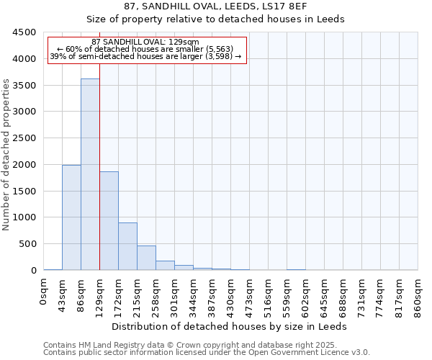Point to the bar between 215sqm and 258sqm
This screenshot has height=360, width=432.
[x=146, y=258]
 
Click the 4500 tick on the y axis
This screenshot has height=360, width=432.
[x=25, y=32]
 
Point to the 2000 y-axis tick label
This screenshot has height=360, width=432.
[x=25, y=165]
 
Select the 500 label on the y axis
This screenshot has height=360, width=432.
[x=28, y=244]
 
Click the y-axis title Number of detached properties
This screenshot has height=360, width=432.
[x=6, y=155]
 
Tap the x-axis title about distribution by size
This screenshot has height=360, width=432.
[x=230, y=326]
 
